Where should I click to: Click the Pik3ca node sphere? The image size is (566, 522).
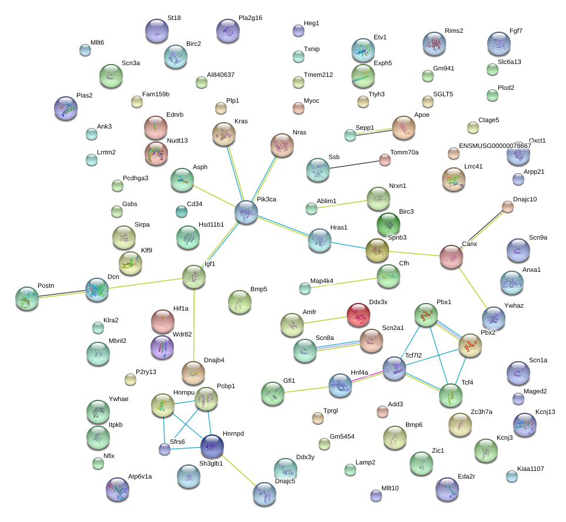pyautogui.click(x=246, y=213)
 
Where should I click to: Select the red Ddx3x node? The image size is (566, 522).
pyautogui.click(x=359, y=315)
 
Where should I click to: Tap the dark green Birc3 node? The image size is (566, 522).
pyautogui.click(x=389, y=224)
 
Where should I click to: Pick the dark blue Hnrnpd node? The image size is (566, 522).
pyautogui.click(x=212, y=446)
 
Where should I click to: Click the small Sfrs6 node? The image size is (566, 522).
pyautogui.click(x=165, y=449)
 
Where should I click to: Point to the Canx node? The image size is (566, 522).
pyautogui.click(x=451, y=257)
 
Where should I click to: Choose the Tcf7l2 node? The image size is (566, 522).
pyautogui.click(x=394, y=368)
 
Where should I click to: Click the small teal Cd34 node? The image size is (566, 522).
pyautogui.click(x=182, y=211)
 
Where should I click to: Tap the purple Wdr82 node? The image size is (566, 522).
pyautogui.click(x=162, y=347)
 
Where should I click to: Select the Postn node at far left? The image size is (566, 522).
pyautogui.click(x=27, y=298)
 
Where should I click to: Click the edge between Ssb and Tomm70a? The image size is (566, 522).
pyautogui.click(x=354, y=164)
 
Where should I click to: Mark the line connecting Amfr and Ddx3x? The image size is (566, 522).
pyautogui.click(x=325, y=320)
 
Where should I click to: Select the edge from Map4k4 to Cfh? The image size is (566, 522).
pyautogui.click(x=344, y=283)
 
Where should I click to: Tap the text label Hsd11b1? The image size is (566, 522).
pyautogui.click(x=211, y=224)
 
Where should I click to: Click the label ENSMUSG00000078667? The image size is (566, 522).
pyautogui.click(x=495, y=146)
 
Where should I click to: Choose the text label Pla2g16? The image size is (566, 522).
pyautogui.click(x=250, y=18)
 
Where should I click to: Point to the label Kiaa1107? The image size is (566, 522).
pyautogui.click(x=530, y=469)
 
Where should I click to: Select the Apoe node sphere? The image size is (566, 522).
pyautogui.click(x=404, y=127)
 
